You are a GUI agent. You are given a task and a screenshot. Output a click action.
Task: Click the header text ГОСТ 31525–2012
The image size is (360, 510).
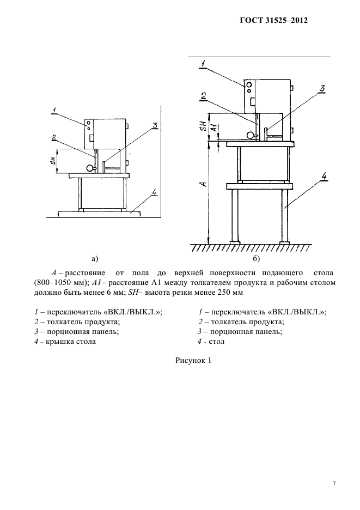point(273,22)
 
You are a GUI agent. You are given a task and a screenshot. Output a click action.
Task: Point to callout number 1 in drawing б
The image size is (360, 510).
point(202,64)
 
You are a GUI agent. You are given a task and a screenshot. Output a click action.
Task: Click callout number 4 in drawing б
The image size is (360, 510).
point(324,176)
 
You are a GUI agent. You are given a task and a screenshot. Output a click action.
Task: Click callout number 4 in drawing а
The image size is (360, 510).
point(154,192)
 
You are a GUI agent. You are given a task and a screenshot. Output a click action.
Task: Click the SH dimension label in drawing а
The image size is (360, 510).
point(53,162)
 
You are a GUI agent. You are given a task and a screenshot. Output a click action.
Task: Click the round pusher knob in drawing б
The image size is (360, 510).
point(251,135)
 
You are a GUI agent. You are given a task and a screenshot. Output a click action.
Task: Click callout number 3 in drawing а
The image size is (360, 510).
point(155,126)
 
